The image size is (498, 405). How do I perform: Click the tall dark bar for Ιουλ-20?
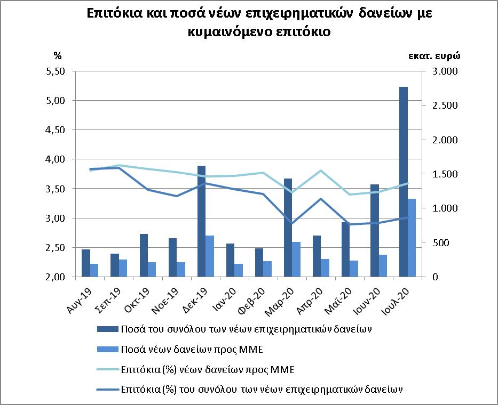(404, 182)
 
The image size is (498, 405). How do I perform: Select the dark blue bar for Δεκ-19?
(201, 221)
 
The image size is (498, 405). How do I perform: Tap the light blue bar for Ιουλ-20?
(412, 238)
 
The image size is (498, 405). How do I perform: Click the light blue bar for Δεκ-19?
(210, 256)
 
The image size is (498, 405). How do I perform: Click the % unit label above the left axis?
(58, 55)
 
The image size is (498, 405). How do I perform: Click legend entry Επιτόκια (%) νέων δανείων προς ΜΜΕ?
(207, 369)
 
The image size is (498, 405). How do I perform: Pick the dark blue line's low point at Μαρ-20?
(291, 224)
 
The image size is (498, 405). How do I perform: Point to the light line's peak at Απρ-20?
(320, 171)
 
